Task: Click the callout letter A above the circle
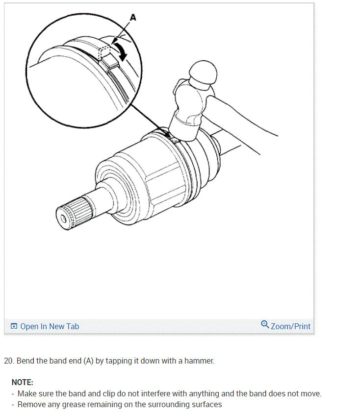(x=132, y=18)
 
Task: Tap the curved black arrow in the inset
(x=121, y=50)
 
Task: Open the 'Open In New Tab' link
(x=49, y=326)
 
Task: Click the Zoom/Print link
(x=290, y=326)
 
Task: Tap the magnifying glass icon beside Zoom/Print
(x=265, y=325)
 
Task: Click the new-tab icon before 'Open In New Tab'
(x=14, y=326)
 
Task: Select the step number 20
(x=8, y=361)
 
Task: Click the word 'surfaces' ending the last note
(x=206, y=404)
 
